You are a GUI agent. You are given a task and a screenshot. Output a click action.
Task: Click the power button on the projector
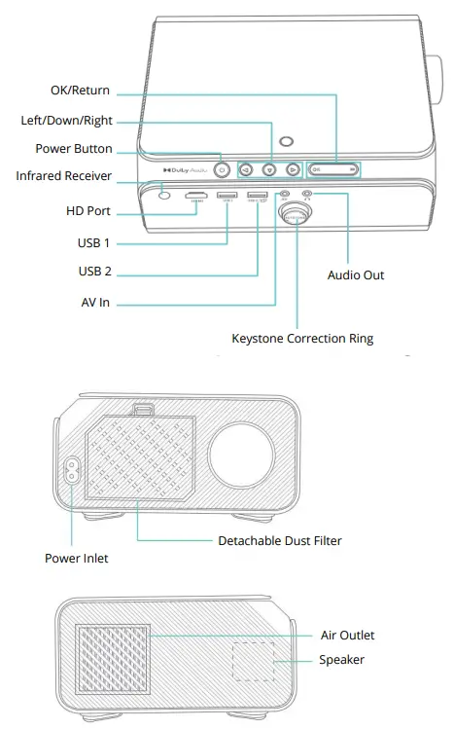point(223,168)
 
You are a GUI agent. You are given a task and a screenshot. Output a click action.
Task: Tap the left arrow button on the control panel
point(247,168)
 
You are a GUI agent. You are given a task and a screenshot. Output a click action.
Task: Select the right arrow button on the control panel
point(291,168)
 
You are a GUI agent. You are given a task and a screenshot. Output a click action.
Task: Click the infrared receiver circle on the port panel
point(163,196)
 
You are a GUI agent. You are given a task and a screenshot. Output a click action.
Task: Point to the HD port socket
point(196,198)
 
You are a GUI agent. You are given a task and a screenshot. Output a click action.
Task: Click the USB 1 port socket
point(227,198)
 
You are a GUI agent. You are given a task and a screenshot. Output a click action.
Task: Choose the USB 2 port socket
point(258,198)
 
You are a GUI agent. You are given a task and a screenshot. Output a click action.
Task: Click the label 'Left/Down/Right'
point(66,121)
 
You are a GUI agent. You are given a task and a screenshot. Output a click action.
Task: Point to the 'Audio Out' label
point(356,275)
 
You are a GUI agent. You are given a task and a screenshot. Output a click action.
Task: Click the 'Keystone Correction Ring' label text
point(302,339)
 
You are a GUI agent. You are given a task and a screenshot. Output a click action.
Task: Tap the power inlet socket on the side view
point(70,471)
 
